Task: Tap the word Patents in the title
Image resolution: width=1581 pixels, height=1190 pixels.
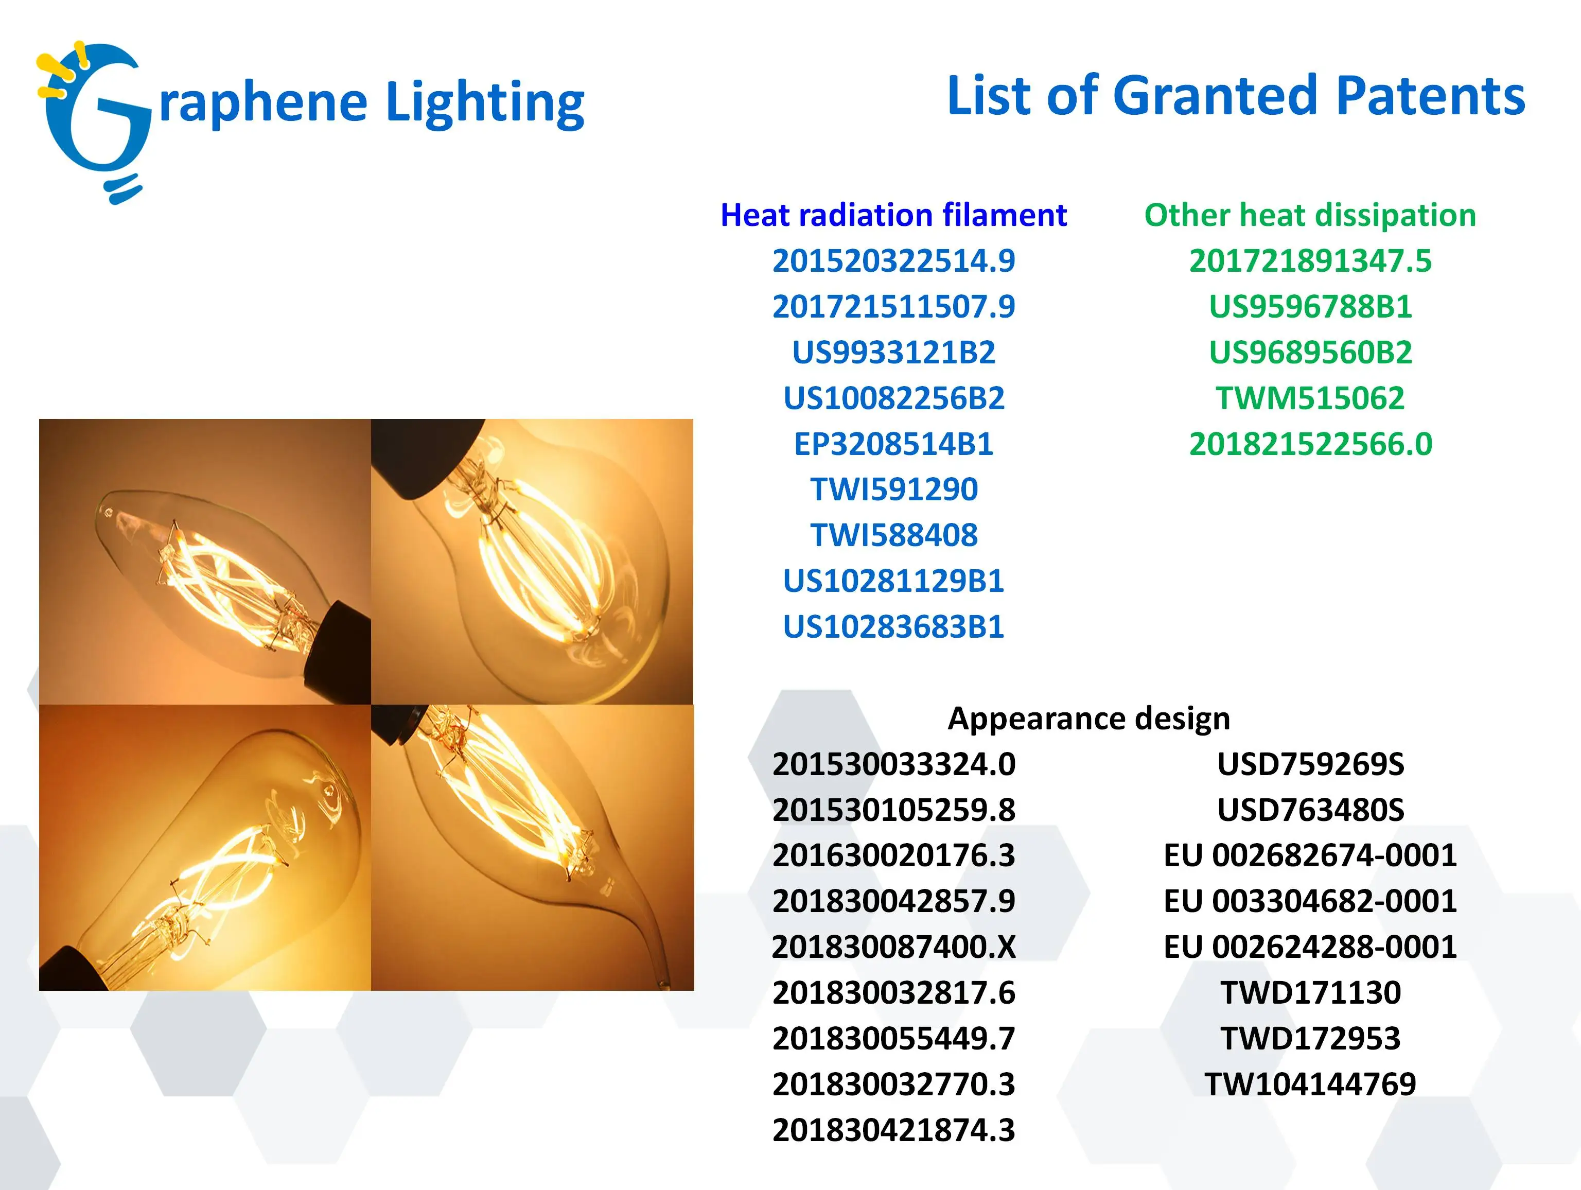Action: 1430,96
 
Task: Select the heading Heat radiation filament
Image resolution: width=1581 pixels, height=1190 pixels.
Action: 893,215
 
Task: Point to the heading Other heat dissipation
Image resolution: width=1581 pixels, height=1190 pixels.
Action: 1310,215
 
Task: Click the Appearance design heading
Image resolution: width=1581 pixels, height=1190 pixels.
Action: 1088,719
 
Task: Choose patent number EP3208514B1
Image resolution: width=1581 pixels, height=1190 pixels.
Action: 893,444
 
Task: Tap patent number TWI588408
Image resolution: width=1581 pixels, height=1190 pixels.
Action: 893,535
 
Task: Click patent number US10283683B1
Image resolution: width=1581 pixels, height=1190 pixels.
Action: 893,627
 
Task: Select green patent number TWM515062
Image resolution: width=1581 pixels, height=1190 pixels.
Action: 1310,398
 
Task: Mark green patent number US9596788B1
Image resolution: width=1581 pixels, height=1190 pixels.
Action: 1310,307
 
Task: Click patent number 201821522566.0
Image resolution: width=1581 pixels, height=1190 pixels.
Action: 1310,444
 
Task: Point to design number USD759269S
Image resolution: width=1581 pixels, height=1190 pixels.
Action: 1310,764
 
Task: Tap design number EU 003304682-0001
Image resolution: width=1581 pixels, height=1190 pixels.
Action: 1310,901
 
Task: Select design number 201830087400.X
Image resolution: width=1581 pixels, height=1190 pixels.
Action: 893,947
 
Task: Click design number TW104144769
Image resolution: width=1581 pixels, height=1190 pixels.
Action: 1310,1084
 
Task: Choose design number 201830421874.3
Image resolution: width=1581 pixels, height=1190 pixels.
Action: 893,1130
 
